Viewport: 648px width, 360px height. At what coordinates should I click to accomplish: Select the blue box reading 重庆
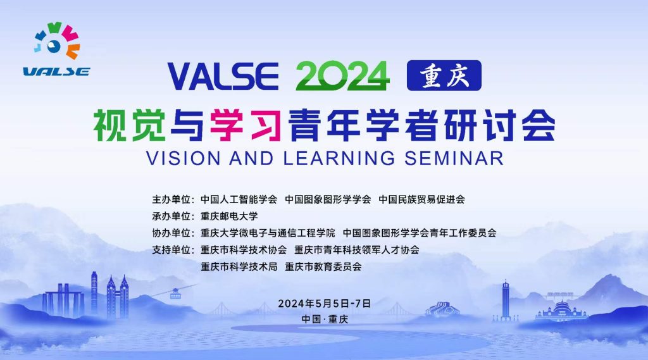click(x=444, y=76)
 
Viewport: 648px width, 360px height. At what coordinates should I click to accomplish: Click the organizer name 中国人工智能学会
click(x=239, y=199)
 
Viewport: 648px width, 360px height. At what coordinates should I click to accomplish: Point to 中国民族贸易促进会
click(x=421, y=199)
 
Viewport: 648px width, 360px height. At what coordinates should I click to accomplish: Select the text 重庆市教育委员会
click(x=323, y=266)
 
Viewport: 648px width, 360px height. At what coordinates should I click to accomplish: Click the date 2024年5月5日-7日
click(x=324, y=303)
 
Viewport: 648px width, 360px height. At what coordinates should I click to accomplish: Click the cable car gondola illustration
click(x=175, y=293)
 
